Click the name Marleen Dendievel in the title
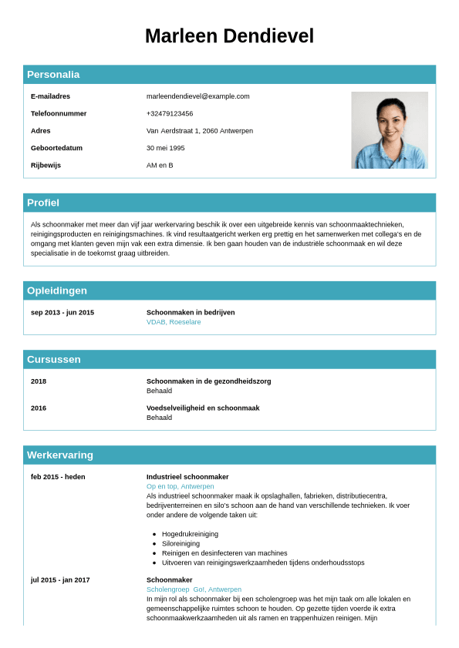pyautogui.click(x=229, y=36)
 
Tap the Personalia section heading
pyautogui.click(x=53, y=75)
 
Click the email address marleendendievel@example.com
pyautogui.click(x=198, y=96)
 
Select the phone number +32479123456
pyautogui.click(x=170, y=113)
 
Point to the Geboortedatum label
pyautogui.click(x=56, y=148)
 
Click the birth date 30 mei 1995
pyautogui.click(x=166, y=148)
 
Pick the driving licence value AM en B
pyautogui.click(x=160, y=165)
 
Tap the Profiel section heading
pyautogui.click(x=43, y=203)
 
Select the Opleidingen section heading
pyautogui.click(x=57, y=290)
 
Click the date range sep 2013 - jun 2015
pyautogui.click(x=62, y=312)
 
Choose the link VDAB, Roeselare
pyautogui.click(x=174, y=322)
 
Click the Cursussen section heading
pyautogui.click(x=54, y=359)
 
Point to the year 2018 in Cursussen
pyautogui.click(x=39, y=381)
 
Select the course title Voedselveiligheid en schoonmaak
pyautogui.click(x=203, y=408)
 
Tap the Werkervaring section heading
pyautogui.click(x=60, y=455)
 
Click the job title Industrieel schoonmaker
pyautogui.click(x=187, y=477)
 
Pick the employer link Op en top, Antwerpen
pyautogui.click(x=180, y=486)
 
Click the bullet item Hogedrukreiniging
pyautogui.click(x=190, y=534)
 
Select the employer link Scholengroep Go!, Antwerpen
pyautogui.click(x=194, y=589)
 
